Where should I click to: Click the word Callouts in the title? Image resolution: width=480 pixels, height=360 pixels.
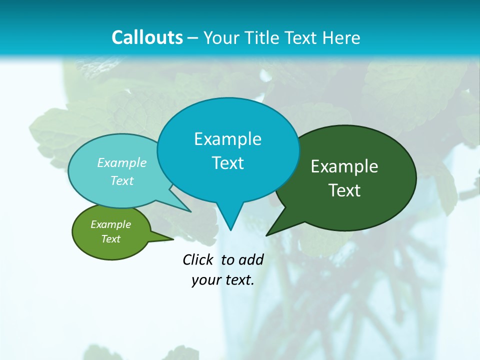click(147, 37)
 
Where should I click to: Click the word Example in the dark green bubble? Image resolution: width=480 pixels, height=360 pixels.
click(344, 166)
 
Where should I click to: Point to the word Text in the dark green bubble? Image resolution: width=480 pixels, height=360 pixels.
click(344, 190)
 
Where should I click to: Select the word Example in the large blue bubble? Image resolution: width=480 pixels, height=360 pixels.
click(227, 139)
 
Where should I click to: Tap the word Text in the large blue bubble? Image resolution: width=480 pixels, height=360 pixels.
click(228, 163)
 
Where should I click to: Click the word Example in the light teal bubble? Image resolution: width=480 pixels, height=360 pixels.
click(122, 163)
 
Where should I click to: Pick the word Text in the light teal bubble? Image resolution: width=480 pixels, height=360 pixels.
click(122, 180)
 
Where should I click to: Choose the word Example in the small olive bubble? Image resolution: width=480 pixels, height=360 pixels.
click(110, 224)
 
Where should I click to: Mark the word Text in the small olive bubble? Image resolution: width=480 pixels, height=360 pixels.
click(110, 239)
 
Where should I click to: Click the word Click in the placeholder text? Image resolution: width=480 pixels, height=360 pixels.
click(199, 260)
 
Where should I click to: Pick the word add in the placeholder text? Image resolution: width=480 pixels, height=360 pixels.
click(251, 260)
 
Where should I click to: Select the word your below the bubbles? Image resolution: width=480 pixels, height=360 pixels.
click(205, 280)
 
